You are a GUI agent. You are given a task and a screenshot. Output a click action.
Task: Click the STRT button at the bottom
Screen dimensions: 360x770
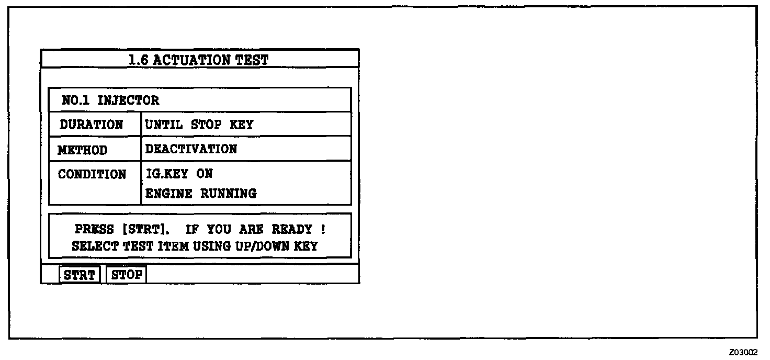coord(80,275)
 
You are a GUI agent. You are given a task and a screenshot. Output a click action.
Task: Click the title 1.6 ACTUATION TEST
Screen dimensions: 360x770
coord(198,60)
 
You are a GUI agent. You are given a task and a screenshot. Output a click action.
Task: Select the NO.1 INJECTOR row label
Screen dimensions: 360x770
coord(110,100)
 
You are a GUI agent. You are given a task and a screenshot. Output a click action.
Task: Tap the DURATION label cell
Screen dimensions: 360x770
coord(92,125)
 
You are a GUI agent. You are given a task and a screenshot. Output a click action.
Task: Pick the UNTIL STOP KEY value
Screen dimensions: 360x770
coord(199,125)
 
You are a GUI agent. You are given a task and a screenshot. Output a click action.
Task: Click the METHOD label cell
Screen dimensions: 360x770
coord(83,150)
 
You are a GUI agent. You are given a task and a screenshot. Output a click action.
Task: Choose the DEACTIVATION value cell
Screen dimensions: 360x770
coord(191,149)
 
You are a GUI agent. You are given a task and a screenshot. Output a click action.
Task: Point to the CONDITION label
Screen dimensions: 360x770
coord(92,174)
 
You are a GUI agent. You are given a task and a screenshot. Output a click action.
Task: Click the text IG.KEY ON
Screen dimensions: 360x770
coord(179,174)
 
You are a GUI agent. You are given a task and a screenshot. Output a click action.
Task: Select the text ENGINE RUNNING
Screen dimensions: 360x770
coord(201,194)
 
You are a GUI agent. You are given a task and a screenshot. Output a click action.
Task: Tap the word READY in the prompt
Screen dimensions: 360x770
coord(292,229)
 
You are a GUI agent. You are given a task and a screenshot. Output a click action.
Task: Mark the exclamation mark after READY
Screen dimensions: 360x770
coord(323,229)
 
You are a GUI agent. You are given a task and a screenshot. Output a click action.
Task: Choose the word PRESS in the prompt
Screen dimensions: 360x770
coord(94,229)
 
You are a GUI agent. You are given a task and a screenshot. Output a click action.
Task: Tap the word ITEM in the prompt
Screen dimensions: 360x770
coord(173,246)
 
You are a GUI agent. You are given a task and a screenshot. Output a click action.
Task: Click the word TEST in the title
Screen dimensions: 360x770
coord(252,60)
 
